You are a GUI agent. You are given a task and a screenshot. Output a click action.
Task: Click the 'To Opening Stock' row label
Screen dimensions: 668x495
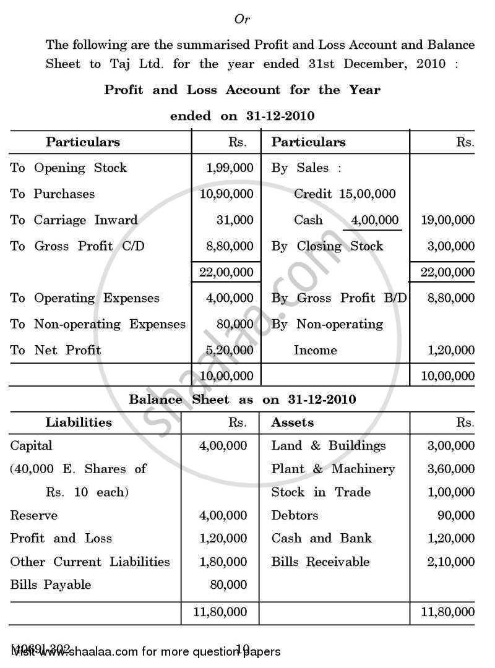click(x=68, y=168)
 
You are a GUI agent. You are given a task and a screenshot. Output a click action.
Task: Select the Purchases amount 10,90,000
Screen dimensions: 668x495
click(x=226, y=194)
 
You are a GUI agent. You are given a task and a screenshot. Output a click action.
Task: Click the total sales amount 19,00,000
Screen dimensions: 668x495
click(x=447, y=220)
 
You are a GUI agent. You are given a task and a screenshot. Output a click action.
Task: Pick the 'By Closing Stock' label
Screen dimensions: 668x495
click(x=327, y=246)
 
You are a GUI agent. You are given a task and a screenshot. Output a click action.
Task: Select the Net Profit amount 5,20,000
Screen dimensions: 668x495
click(x=228, y=350)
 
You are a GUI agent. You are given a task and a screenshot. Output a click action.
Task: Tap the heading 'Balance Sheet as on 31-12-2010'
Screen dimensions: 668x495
click(x=242, y=400)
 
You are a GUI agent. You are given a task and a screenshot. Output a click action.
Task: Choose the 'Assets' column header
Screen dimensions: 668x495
click(x=293, y=422)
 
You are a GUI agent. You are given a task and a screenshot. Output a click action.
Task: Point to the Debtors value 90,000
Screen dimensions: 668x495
click(x=455, y=515)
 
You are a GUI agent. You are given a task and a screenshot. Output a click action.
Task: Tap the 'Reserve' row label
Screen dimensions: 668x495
click(x=33, y=515)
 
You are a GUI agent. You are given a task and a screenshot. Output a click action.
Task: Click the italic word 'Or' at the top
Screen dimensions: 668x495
click(x=242, y=20)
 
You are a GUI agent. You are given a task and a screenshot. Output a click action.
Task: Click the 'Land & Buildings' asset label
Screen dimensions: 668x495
click(x=328, y=445)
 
